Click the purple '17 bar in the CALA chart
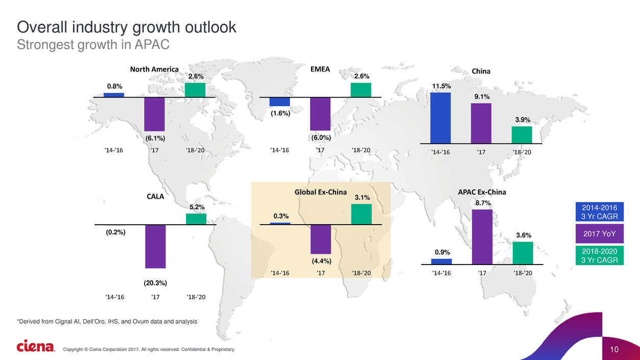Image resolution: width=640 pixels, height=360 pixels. coord(155,246)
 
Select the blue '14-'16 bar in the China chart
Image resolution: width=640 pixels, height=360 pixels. coord(440,117)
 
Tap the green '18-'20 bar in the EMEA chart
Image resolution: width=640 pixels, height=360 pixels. coord(361,89)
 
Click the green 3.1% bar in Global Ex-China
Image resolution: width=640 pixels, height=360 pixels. coord(361,214)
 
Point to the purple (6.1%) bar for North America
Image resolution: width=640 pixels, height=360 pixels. coord(154,114)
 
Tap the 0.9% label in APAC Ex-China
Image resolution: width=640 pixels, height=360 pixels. coord(441,252)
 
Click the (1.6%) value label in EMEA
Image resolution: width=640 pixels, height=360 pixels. coord(280,114)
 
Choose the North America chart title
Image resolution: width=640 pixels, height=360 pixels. coord(154,69)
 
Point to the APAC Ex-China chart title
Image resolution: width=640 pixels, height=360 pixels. coord(482,192)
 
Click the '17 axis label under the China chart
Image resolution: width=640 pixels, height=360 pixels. coord(481,152)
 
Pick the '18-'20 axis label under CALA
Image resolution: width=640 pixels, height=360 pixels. coord(196,297)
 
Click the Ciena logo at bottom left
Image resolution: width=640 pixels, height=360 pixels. coord(35,347)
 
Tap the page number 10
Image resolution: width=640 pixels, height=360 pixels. coord(614,349)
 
